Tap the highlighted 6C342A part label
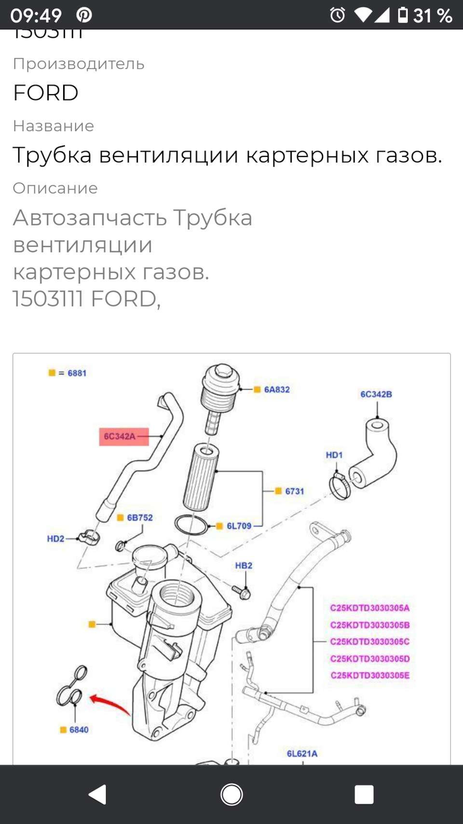coord(120,436)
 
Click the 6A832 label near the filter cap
coord(276,390)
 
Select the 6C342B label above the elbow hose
coord(376,394)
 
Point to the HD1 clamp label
coord(334,455)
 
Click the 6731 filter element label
coord(294,491)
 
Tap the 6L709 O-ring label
coord(239,526)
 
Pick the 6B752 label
coord(139,517)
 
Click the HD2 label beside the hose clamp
coord(55,539)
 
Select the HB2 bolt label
coord(244,566)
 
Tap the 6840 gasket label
coord(79,730)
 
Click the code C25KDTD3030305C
coord(370,642)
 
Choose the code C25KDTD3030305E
coord(370,675)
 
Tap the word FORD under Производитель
coord(46,93)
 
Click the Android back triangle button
coord(98,794)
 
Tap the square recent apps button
coord(364,794)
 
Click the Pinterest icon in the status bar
coord(84,15)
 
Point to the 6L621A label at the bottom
coord(302,754)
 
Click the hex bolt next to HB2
coord(243,592)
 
